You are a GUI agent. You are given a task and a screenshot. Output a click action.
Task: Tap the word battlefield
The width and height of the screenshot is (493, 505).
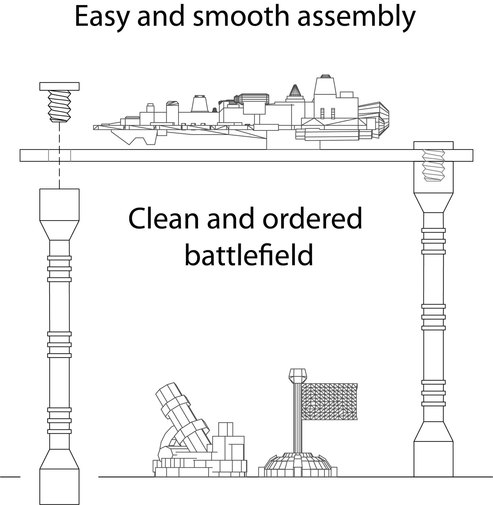click(x=249, y=254)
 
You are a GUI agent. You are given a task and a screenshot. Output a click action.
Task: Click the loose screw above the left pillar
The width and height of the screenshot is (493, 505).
click(x=59, y=102)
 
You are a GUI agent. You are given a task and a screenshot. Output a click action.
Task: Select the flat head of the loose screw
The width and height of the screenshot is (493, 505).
click(x=59, y=86)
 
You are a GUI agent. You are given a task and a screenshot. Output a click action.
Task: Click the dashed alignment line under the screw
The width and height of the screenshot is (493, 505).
click(x=59, y=155)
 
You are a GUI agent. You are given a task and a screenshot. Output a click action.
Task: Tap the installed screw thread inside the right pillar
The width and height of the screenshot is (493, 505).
click(x=433, y=165)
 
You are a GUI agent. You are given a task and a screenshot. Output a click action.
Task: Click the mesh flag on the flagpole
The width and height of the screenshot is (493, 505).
click(x=329, y=401)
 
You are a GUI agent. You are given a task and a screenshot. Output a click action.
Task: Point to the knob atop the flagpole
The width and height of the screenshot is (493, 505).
click(x=298, y=376)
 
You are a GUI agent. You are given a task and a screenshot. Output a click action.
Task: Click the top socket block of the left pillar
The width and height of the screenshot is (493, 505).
click(x=59, y=205)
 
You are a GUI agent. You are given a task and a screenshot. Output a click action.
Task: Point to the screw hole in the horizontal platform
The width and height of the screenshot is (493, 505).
click(x=59, y=155)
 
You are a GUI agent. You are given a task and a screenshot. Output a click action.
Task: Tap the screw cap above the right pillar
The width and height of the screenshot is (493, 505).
click(x=433, y=145)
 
